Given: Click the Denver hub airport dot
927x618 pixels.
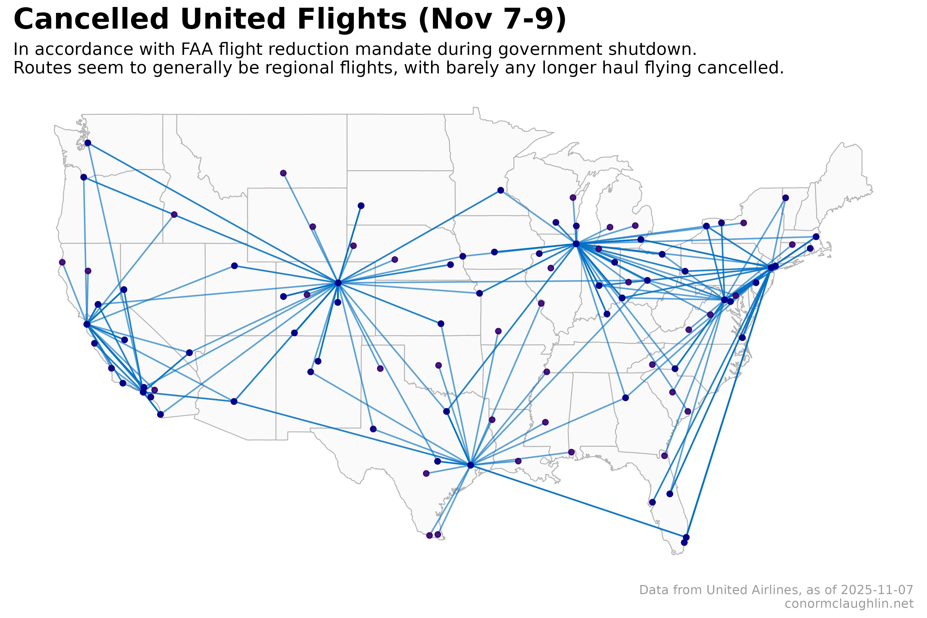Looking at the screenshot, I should coord(338,283).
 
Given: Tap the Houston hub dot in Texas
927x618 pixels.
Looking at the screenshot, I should coord(470,465).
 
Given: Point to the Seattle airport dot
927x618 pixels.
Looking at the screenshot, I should coord(88,143).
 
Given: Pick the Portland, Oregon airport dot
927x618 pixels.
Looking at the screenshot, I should coord(83,177).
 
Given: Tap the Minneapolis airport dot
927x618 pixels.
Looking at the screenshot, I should coord(501,190).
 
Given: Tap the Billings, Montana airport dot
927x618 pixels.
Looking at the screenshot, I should coord(283,173).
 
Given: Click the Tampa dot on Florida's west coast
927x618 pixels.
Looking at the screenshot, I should coord(652,502).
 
